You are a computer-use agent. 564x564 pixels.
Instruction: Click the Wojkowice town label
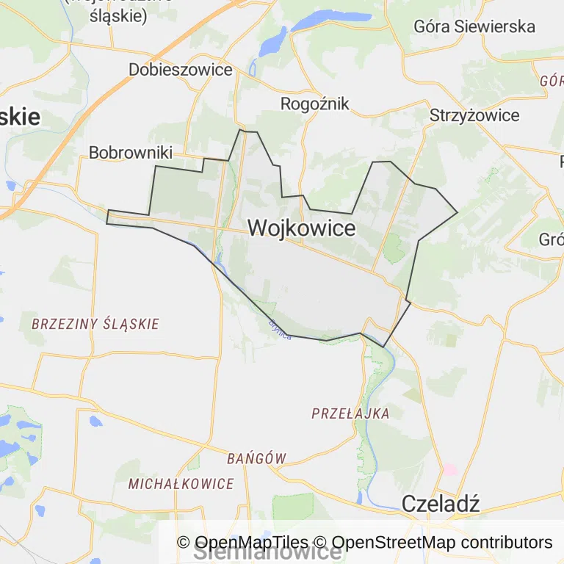pyautogui.click(x=301, y=228)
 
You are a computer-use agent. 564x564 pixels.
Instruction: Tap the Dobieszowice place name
pyautogui.click(x=180, y=70)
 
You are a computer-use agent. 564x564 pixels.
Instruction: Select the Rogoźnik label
pyautogui.click(x=315, y=104)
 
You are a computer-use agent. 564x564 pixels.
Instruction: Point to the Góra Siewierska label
pyautogui.click(x=474, y=26)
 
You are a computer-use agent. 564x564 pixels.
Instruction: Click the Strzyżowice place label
pyautogui.click(x=474, y=115)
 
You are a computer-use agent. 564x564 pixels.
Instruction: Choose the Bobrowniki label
pyautogui.click(x=130, y=153)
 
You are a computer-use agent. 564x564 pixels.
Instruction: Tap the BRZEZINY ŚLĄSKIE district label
pyautogui.click(x=95, y=324)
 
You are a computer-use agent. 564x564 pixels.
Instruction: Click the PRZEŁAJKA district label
pyautogui.click(x=350, y=413)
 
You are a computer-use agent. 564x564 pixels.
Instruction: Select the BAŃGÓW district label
pyautogui.click(x=256, y=458)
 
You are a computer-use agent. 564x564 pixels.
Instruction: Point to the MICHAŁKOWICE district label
pyautogui.click(x=181, y=484)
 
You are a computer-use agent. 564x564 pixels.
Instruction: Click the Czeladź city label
pyautogui.click(x=441, y=504)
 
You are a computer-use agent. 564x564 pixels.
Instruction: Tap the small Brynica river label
pyautogui.click(x=280, y=328)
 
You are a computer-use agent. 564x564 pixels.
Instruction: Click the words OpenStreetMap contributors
pyautogui.click(x=442, y=543)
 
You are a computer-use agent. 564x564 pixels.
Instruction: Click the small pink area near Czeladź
pyautogui.click(x=449, y=469)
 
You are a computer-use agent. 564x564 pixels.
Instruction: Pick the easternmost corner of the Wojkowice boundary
pyautogui.click(x=458, y=213)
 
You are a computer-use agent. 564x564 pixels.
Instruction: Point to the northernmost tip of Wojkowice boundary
pyautogui.click(x=241, y=131)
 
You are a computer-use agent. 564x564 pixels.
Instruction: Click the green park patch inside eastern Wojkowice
pyautogui.click(x=394, y=248)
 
